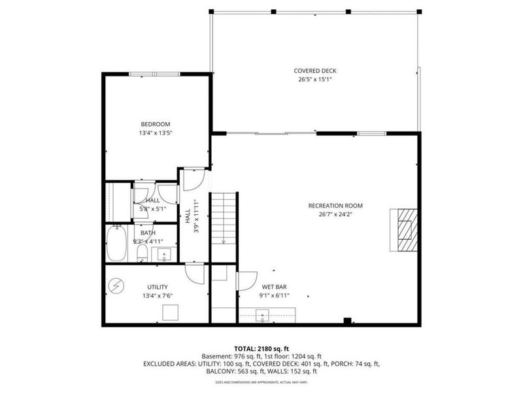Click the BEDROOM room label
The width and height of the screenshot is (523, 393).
pyautogui.click(x=156, y=124)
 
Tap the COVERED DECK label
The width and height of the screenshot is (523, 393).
pyautogui.click(x=315, y=71)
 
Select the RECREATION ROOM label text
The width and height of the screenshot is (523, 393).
pyautogui.click(x=335, y=206)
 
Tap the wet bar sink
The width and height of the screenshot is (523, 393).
pyautogui.click(x=262, y=318)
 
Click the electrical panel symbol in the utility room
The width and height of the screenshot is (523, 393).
pyautogui.click(x=116, y=286)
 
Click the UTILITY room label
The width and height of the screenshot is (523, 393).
pyautogui.click(x=157, y=287)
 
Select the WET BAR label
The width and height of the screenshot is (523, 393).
pyautogui.click(x=273, y=287)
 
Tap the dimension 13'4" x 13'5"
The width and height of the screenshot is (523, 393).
pyautogui.click(x=156, y=133)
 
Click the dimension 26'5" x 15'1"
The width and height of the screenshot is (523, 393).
pyautogui.click(x=315, y=80)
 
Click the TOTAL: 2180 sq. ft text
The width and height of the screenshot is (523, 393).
pyautogui.click(x=261, y=348)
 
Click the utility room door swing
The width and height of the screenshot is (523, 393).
pyautogui.click(x=194, y=273)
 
